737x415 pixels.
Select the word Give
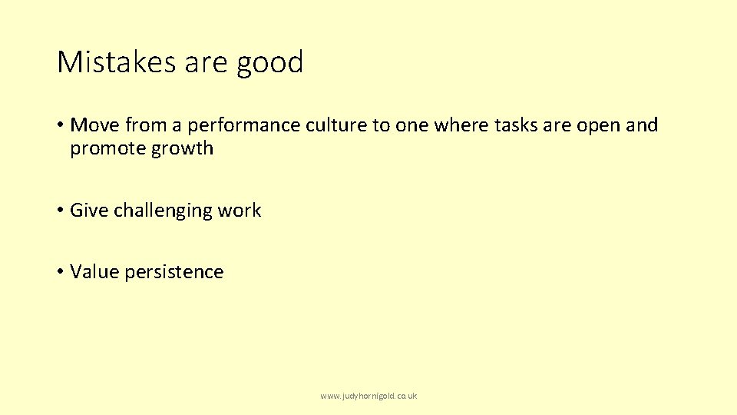coord(89,211)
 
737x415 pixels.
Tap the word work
coord(240,211)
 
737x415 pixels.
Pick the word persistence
coord(174,272)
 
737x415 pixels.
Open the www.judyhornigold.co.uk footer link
coord(368,396)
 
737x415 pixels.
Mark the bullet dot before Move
coord(60,125)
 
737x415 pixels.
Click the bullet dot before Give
coord(60,211)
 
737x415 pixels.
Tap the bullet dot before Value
coord(60,272)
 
